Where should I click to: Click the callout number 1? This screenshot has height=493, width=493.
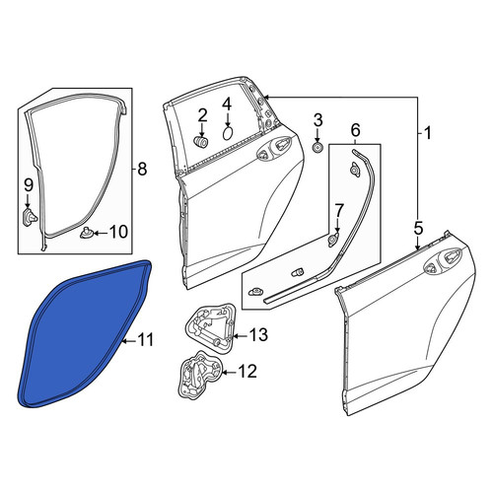pos(427,133)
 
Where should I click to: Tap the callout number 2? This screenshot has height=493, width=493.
pos(202,116)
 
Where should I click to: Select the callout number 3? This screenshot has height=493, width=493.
pos(317,120)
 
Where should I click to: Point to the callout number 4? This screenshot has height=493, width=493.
pos(227,105)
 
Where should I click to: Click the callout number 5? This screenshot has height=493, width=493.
pos(418,229)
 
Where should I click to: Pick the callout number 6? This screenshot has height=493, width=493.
pos(355,130)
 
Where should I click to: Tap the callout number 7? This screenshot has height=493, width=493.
pos(339,210)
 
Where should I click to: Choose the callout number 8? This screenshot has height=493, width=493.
pos(142,170)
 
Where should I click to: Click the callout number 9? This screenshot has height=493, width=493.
pos(29,185)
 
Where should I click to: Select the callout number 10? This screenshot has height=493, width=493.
pos(118,232)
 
